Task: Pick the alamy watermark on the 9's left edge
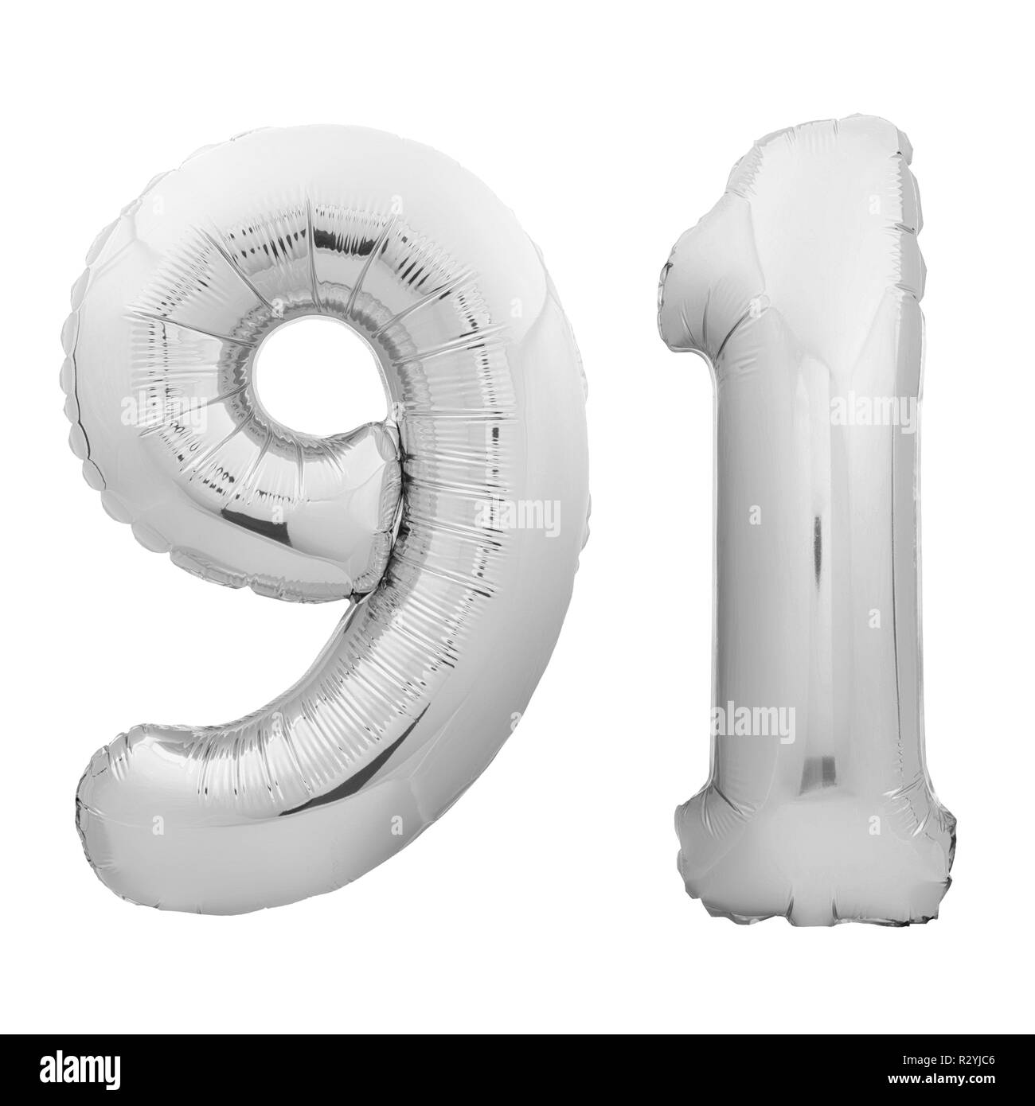151,411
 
